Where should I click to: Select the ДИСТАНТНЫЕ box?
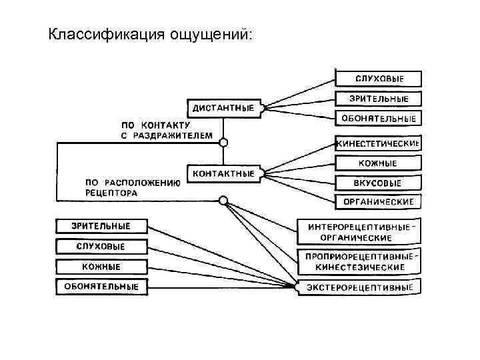pos(223,107)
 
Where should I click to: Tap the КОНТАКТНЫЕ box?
pos(223,173)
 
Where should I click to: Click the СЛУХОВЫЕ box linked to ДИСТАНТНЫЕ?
pos(379,79)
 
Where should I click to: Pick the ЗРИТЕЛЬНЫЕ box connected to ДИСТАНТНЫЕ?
pos(379,99)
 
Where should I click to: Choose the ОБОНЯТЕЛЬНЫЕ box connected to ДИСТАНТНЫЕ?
pos(379,119)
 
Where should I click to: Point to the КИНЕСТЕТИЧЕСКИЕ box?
pos(379,143)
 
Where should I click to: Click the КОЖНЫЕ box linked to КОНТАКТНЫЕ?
pos(379,163)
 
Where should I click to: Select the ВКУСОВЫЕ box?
pos(379,182)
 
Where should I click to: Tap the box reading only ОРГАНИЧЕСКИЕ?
pos(379,201)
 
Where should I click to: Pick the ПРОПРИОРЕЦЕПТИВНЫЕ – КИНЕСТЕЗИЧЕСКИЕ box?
pos(360,261)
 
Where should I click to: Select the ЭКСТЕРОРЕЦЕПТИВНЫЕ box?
pos(360,287)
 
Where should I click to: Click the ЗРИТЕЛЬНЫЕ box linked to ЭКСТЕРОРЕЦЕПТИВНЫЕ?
pos(101,225)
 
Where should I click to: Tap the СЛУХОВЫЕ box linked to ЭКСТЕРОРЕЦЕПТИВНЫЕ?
pos(101,246)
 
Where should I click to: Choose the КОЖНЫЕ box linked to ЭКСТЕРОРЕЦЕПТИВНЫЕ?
pos(101,267)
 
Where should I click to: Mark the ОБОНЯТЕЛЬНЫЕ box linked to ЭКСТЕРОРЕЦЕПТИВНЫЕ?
pos(101,287)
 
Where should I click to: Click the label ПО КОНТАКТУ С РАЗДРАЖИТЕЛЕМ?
pos(165,130)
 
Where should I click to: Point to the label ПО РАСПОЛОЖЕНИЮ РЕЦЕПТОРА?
pos(132,187)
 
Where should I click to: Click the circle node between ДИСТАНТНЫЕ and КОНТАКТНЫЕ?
pos(224,142)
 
